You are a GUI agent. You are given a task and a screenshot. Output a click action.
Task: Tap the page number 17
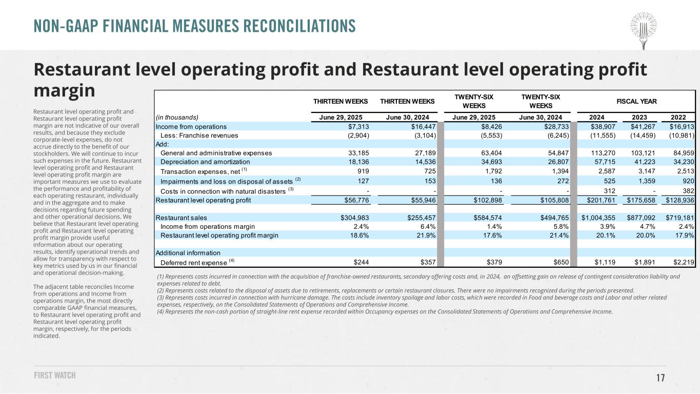click(661, 378)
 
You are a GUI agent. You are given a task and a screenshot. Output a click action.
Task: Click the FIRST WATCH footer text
click(54, 376)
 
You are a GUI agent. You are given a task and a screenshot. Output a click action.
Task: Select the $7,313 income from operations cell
click(365, 126)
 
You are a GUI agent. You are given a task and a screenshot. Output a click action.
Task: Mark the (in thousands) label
click(177, 116)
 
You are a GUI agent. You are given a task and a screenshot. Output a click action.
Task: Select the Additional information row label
click(188, 253)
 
